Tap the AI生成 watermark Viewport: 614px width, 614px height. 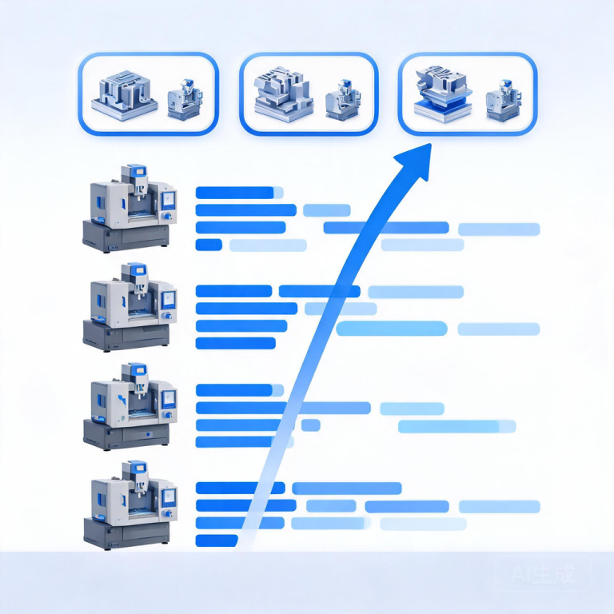(x=543, y=574)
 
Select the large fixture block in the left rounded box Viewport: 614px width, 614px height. (x=125, y=96)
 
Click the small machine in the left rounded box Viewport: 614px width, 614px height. (x=185, y=99)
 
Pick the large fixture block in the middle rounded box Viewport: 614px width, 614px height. (x=284, y=94)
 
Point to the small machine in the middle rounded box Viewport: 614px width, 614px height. (x=343, y=100)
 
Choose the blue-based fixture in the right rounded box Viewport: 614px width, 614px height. (x=442, y=94)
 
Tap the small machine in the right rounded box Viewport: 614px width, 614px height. (x=504, y=100)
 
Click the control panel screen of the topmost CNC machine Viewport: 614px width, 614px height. (x=169, y=201)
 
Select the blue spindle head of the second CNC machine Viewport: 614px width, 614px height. (x=135, y=271)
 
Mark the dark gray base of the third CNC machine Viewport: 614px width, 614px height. (x=126, y=434)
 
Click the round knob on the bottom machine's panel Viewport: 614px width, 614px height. (x=169, y=514)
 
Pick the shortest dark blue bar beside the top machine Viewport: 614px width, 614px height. (x=209, y=245)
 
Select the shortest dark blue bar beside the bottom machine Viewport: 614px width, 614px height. (x=217, y=540)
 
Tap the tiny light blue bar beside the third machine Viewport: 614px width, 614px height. (x=311, y=425)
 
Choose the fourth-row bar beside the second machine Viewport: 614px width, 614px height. (x=235, y=343)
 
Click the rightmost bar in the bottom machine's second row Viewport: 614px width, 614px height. (x=499, y=506)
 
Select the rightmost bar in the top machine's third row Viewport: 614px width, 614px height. (x=499, y=229)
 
